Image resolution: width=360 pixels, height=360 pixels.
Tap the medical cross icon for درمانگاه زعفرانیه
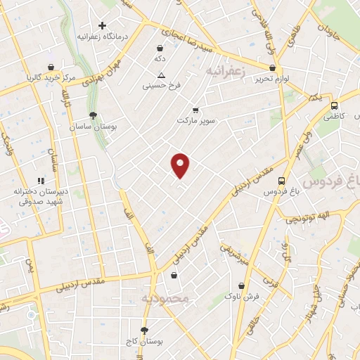click(x=103, y=25)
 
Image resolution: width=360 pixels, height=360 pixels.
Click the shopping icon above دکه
click(x=161, y=49)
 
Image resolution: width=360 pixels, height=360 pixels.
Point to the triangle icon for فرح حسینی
click(x=162, y=75)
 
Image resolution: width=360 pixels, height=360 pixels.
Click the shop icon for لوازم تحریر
click(x=272, y=68)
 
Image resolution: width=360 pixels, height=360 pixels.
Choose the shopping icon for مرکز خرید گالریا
click(x=51, y=67)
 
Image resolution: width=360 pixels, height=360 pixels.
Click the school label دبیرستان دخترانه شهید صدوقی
click(x=39, y=195)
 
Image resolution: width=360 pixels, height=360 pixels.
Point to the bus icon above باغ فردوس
click(x=282, y=180)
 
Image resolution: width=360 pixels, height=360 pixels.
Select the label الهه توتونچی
click(x=307, y=219)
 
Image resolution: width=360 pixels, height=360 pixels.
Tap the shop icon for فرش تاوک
click(x=243, y=286)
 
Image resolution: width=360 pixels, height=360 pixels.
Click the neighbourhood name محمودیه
click(x=166, y=299)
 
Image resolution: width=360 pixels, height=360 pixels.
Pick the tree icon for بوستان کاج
click(x=144, y=330)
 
